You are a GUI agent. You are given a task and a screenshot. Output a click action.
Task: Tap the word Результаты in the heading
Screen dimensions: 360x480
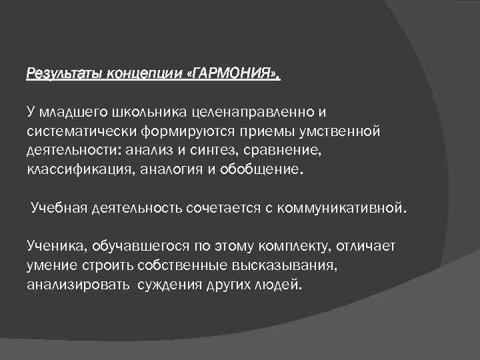pos(59,73)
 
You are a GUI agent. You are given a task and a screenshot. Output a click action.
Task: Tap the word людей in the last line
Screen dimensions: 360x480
pos(279,285)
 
